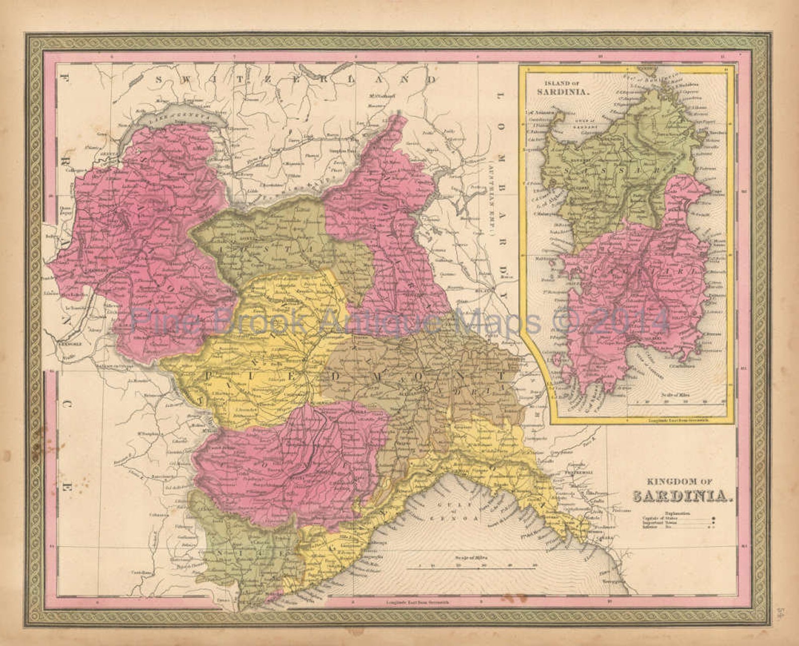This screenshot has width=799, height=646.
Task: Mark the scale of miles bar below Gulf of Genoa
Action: tap(471, 568)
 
